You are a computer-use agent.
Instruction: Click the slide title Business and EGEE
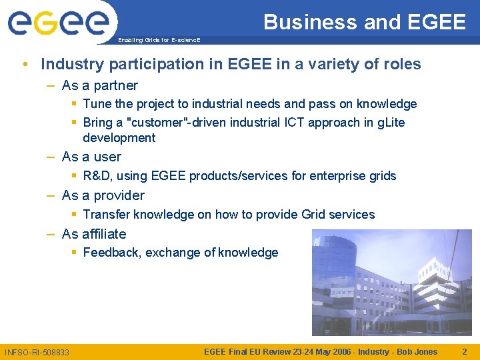click(364, 22)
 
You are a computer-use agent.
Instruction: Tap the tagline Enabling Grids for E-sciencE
click(159, 41)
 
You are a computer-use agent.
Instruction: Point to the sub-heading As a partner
click(99, 85)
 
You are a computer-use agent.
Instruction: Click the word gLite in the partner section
click(389, 123)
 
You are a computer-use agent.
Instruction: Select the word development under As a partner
click(119, 138)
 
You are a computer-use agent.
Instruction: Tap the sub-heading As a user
click(91, 157)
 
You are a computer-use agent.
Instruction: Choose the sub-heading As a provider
click(103, 195)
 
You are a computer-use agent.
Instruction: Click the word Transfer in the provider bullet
click(107, 215)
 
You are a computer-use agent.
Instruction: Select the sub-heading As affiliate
click(94, 234)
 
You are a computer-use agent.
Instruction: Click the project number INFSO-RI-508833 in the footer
click(37, 352)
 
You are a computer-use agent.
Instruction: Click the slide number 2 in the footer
click(465, 352)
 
